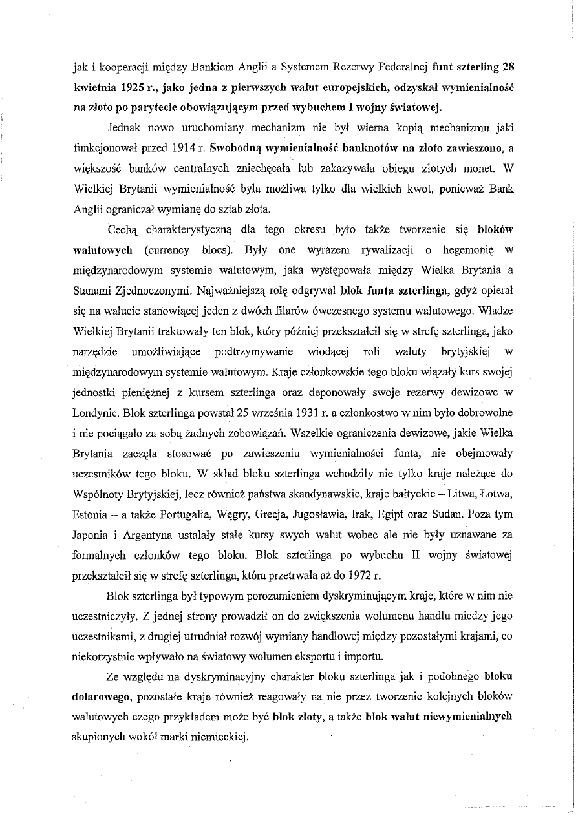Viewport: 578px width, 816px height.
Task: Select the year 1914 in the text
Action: pos(184,148)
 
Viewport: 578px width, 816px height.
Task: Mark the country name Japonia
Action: pos(91,534)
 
